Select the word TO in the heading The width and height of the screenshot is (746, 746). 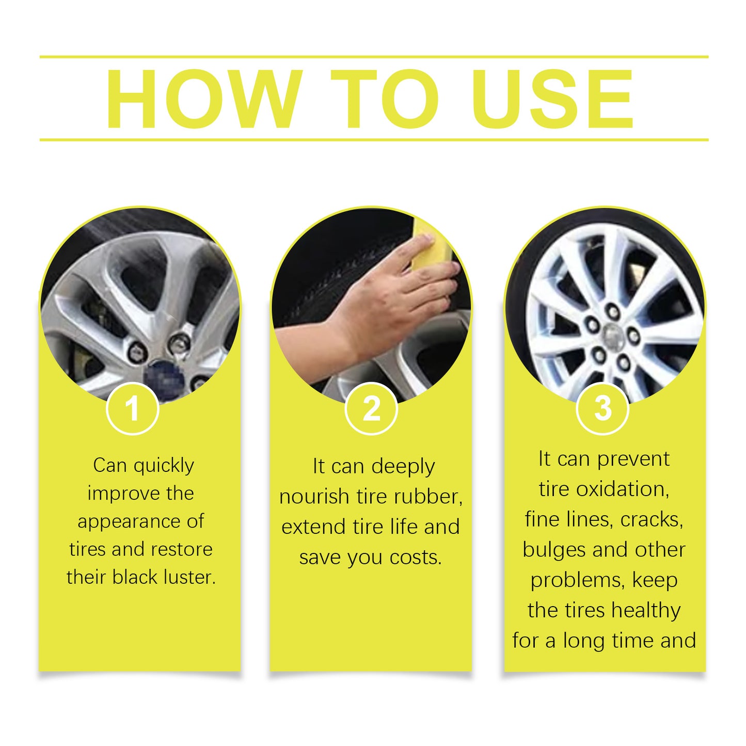384,99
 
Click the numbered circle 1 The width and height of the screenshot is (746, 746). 132,409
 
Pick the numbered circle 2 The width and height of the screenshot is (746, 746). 371,409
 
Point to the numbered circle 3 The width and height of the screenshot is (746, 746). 602,409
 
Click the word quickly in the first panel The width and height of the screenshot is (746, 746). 164,466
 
